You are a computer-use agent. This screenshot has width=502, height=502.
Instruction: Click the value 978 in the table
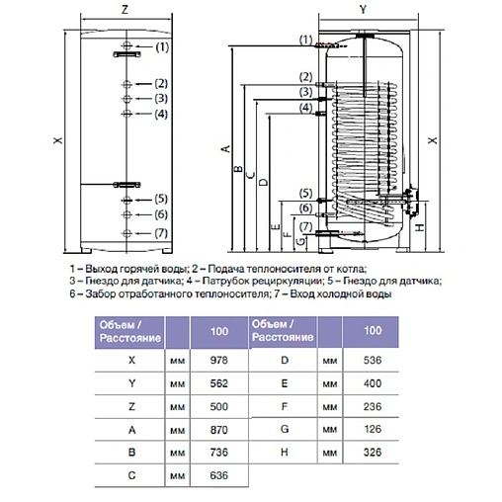218,360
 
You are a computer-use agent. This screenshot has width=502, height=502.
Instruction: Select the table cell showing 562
218,383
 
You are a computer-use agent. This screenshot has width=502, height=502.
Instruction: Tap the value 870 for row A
218,430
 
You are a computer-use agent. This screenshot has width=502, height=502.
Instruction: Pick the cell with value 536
373,360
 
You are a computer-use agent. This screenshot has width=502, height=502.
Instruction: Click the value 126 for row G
373,429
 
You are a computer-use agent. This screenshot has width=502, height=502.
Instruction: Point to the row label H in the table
285,453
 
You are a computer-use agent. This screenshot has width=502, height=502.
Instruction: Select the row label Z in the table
131,406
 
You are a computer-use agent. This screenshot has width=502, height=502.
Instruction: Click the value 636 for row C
218,475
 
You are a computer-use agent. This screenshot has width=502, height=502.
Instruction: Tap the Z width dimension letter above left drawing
125,10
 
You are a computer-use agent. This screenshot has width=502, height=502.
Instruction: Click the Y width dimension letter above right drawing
363,10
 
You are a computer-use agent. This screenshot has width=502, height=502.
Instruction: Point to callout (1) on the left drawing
162,47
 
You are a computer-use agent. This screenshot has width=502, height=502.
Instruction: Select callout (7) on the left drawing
161,233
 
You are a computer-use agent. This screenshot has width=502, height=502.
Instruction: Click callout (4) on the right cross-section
305,108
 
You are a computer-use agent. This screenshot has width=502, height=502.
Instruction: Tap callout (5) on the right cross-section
305,193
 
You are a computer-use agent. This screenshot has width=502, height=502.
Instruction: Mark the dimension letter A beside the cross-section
225,149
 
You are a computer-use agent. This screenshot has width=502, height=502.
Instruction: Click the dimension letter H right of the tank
419,227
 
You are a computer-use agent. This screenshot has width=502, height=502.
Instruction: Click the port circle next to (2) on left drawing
126,85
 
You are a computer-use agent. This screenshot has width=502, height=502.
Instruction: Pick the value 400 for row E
373,383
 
